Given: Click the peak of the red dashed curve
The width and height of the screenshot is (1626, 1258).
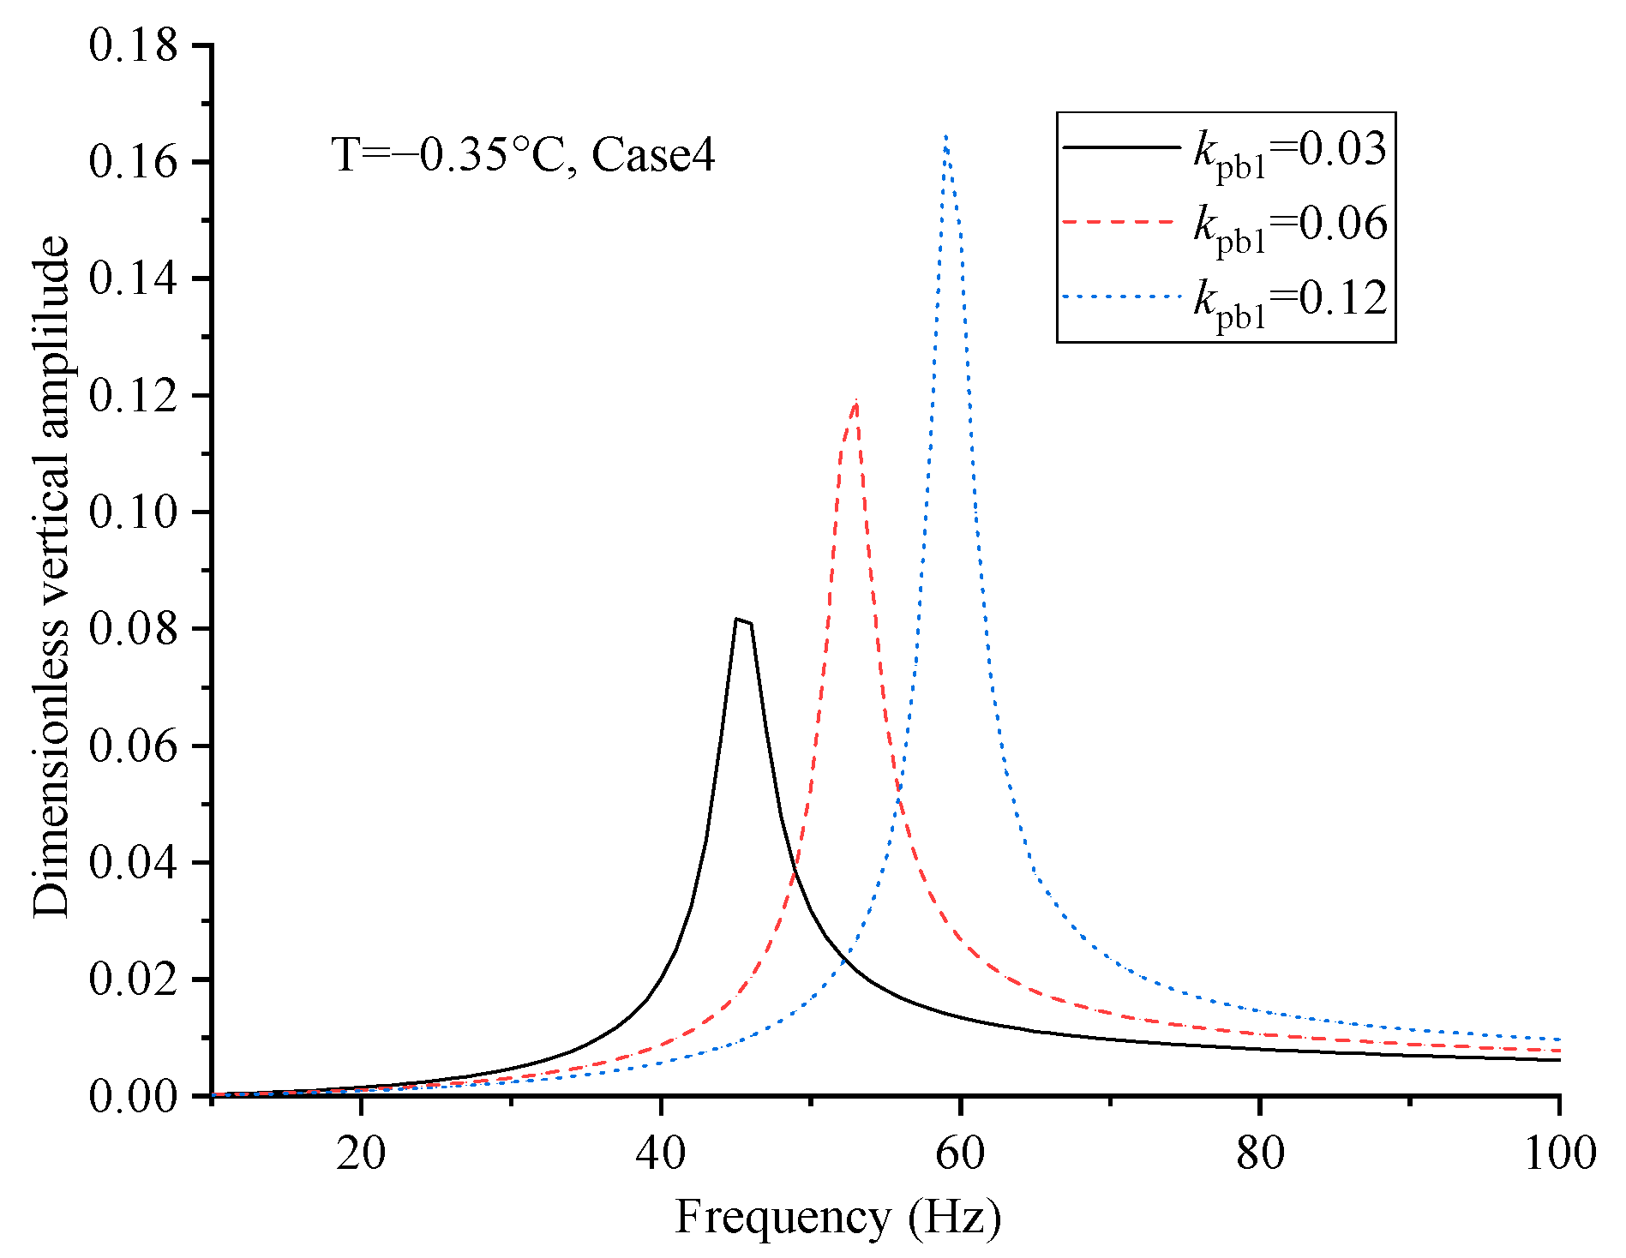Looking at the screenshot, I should pos(855,402).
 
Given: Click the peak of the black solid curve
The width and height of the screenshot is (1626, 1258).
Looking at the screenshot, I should pos(737,619).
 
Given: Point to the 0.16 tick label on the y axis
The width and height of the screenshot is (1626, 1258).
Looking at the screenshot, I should pos(133,162).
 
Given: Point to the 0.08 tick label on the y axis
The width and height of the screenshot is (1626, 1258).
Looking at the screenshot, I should pos(133,629).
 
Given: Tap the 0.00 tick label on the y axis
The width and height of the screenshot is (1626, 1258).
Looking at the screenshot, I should pos(133,1096).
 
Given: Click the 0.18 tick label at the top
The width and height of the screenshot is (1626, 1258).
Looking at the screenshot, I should pos(133,45).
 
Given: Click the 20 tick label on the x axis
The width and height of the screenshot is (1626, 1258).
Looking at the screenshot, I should pos(361,1153).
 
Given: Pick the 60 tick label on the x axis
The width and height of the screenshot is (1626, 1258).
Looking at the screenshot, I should pos(960,1153).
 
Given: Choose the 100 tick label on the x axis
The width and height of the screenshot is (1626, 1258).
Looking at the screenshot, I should pos(1558,1153).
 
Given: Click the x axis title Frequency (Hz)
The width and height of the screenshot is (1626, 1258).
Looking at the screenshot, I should pos(837,1217).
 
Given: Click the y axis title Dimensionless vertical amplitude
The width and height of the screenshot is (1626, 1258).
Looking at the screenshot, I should pos(51,576).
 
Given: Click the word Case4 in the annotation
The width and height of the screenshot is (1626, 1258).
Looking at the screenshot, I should pos(653,156).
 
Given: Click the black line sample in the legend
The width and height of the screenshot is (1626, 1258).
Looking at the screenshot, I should pos(1121,147).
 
